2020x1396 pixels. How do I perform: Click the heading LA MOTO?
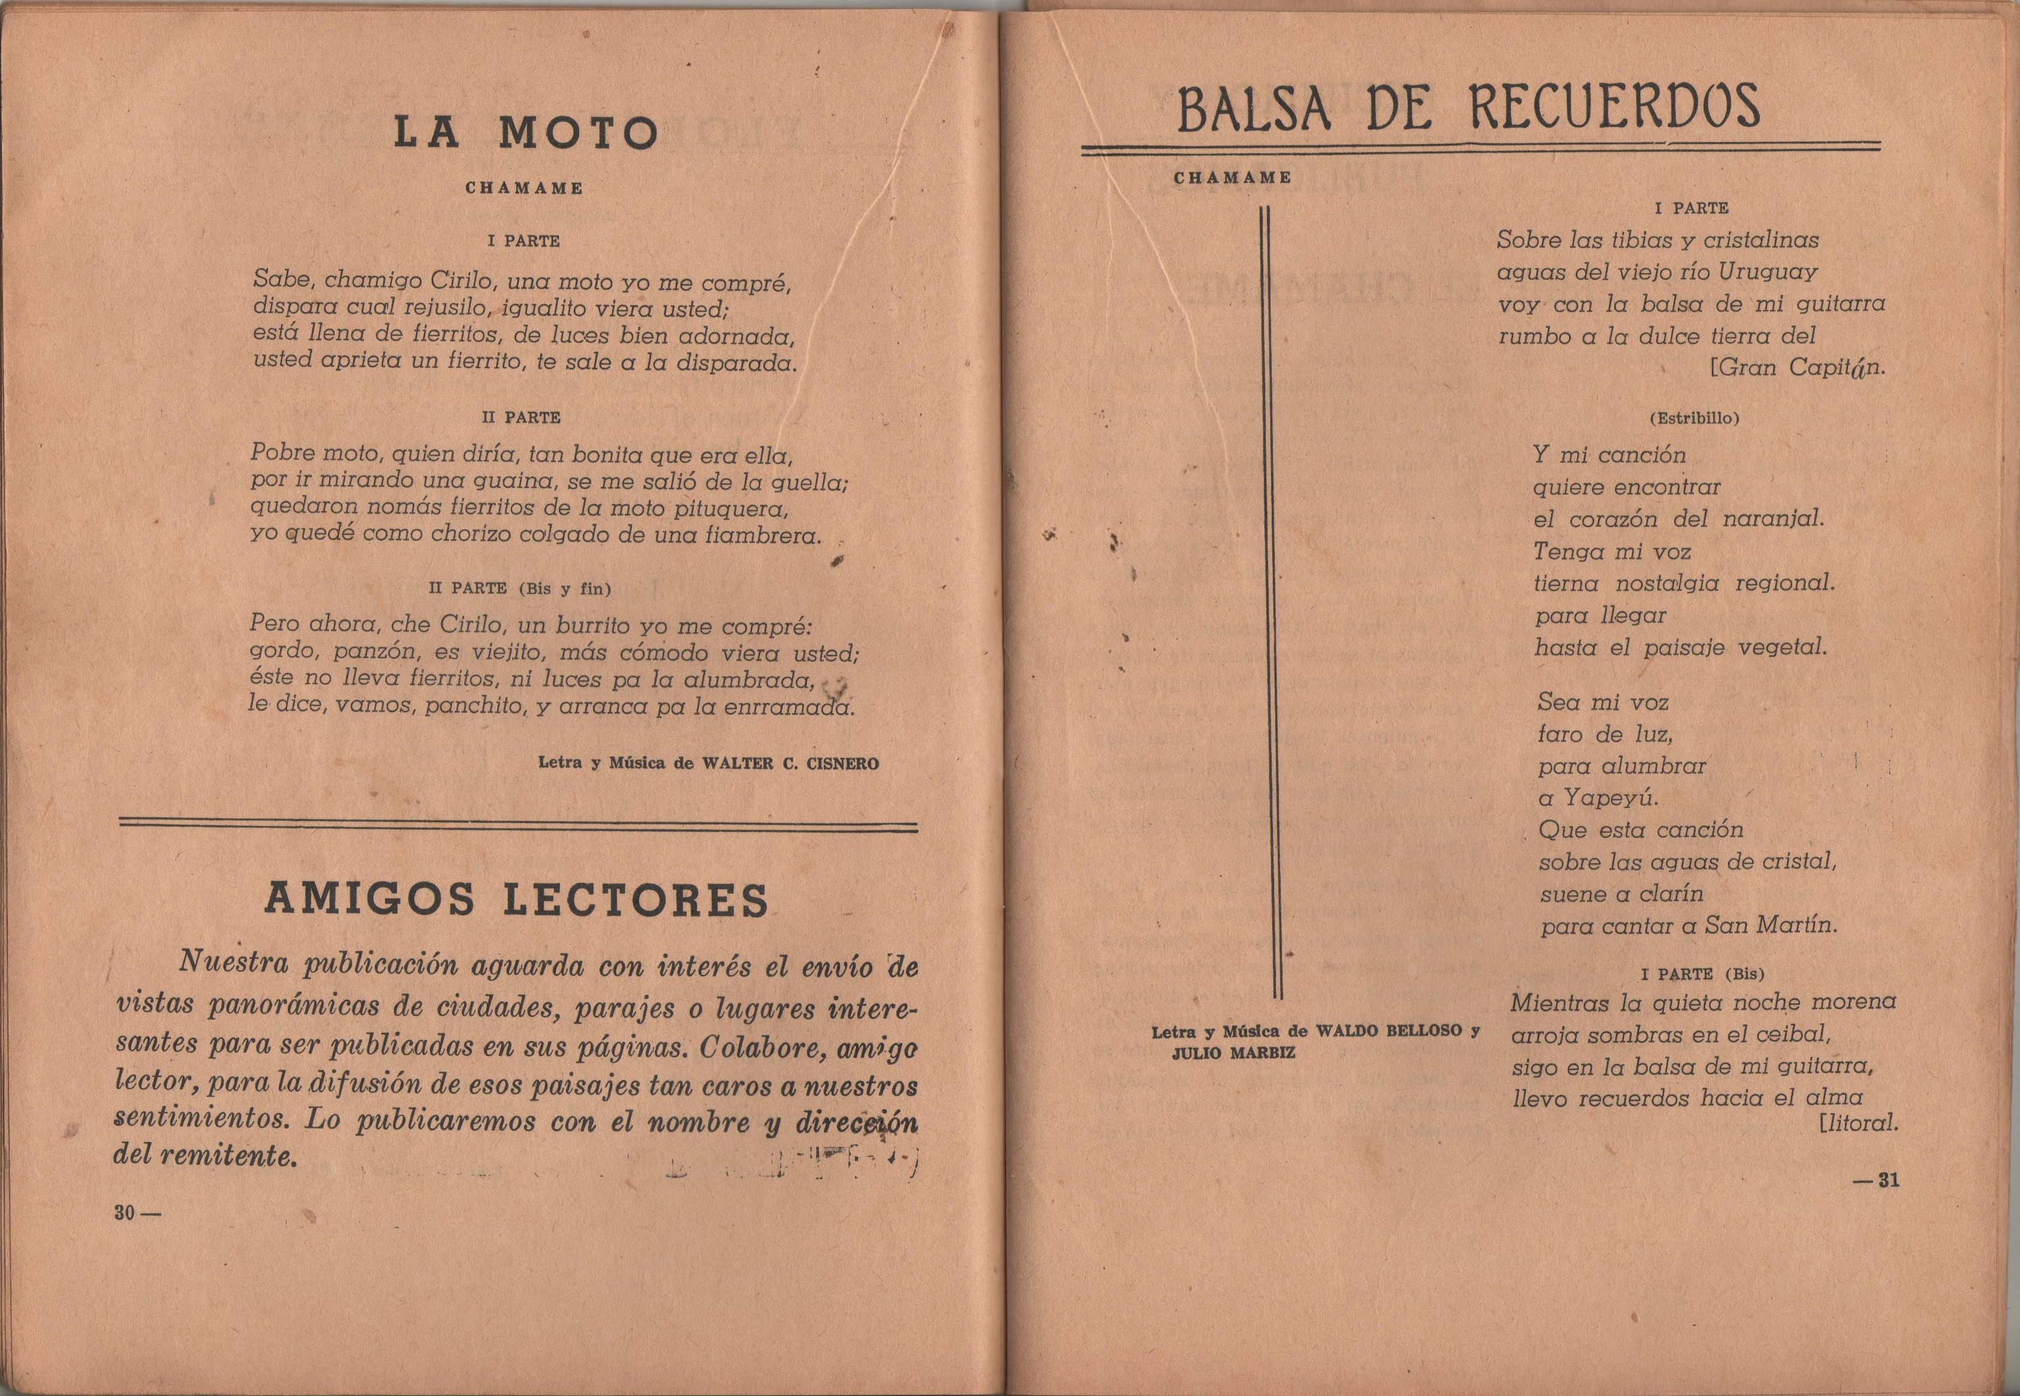click(525, 134)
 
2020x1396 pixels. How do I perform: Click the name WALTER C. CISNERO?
click(791, 764)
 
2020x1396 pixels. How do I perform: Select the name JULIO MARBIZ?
click(1233, 1053)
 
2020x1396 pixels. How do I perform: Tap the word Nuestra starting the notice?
click(233, 963)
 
